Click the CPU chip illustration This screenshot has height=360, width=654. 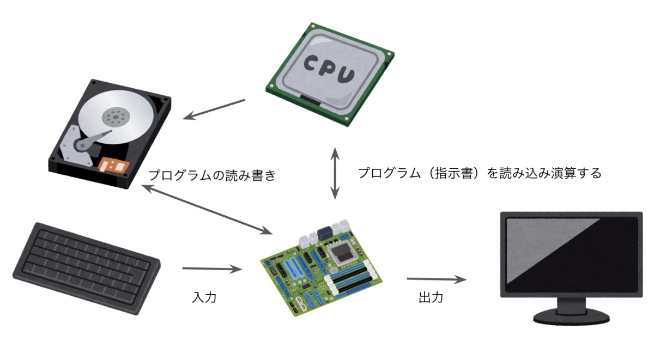[330, 74]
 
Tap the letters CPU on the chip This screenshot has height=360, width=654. [330, 68]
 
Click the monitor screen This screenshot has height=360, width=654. [570, 257]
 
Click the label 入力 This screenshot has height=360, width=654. [204, 297]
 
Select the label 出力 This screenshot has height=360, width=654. [431, 298]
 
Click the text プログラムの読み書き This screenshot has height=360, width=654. [213, 175]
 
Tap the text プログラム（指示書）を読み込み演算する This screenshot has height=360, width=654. [480, 174]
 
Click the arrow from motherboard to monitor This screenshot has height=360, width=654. [437, 279]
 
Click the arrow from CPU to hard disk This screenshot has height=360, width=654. [215, 109]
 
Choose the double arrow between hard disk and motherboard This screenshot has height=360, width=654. [207, 210]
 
